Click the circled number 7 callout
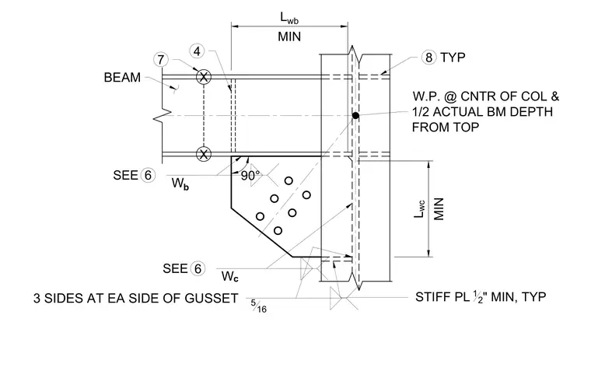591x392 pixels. pyautogui.click(x=161, y=60)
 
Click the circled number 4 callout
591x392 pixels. pyautogui.click(x=197, y=51)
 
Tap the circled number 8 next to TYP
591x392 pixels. pyautogui.click(x=429, y=58)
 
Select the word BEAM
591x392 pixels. pyautogui.click(x=122, y=77)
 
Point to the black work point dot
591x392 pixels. pyautogui.click(x=355, y=115)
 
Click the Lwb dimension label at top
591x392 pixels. pyautogui.click(x=289, y=18)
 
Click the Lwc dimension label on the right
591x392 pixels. pyautogui.click(x=419, y=208)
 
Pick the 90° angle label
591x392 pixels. pyautogui.click(x=250, y=176)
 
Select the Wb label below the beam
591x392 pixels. pyautogui.click(x=180, y=184)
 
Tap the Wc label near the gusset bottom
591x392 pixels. pyautogui.click(x=230, y=276)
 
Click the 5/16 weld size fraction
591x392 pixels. pyautogui.click(x=258, y=306)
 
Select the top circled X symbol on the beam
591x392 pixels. pyautogui.click(x=204, y=77)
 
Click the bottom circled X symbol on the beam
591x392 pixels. pyautogui.click(x=204, y=154)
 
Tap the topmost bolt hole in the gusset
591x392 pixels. pyautogui.click(x=289, y=181)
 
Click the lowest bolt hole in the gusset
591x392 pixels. pyautogui.click(x=278, y=231)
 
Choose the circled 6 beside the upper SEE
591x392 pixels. pyautogui.click(x=148, y=175)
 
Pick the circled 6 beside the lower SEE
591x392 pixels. pyautogui.click(x=198, y=269)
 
